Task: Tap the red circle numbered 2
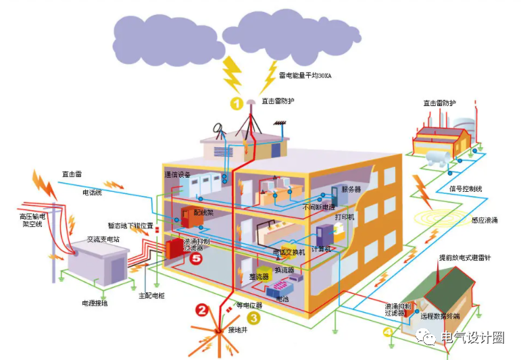[x=201, y=310]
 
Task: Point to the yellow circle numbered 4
[x=387, y=332]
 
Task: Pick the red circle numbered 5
[x=196, y=259]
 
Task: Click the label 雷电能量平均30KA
[x=305, y=76]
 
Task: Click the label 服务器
[x=351, y=189]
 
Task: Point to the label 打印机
[x=345, y=217]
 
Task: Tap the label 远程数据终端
[x=439, y=315]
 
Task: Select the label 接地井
[x=237, y=330]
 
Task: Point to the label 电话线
[x=92, y=192]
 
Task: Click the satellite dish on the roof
[x=220, y=128]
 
